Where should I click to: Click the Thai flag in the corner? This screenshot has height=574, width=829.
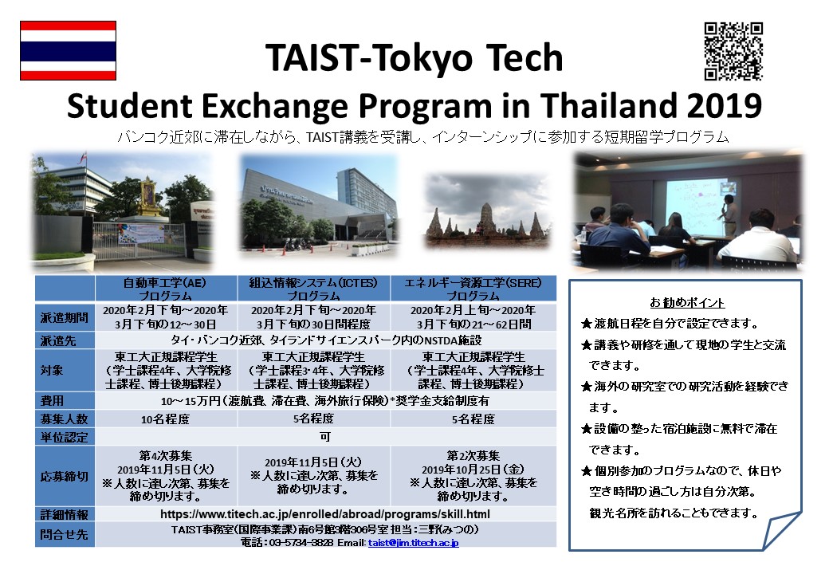point(69,51)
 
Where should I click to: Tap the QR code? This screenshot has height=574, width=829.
point(733,51)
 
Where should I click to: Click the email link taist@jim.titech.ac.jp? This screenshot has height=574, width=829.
point(414,543)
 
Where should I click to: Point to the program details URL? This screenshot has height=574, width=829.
point(325,514)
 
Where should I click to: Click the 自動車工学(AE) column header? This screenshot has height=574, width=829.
point(166,289)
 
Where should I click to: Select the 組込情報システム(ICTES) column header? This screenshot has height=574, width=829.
point(313,289)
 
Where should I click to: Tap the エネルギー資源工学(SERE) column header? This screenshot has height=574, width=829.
point(473,289)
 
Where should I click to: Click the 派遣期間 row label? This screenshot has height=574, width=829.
point(65,317)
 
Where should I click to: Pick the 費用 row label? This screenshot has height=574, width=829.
point(52,401)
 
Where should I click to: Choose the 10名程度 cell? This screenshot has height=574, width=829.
point(166,419)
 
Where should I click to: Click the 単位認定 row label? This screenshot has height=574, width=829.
point(65,437)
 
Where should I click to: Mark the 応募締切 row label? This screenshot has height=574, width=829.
point(65,476)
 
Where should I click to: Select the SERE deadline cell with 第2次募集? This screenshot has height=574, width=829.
point(473,476)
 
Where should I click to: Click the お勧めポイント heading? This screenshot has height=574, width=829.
point(687,303)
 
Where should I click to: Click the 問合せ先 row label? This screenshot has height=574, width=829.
point(65,534)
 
